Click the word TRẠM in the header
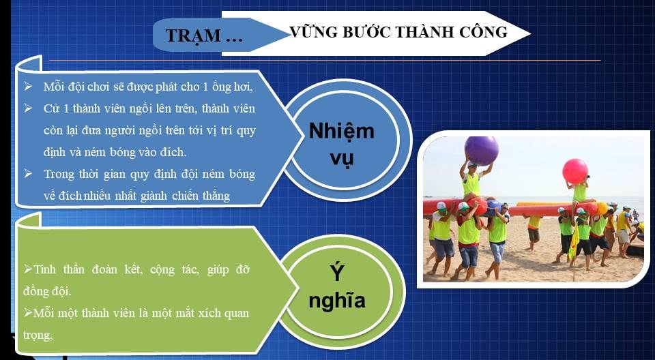point(193,36)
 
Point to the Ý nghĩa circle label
point(336,286)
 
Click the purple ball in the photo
point(481,151)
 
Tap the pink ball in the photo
point(575,171)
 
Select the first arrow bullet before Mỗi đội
point(28,87)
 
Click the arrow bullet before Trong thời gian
point(28,173)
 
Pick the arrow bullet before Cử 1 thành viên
point(28,108)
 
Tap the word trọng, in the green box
point(38,335)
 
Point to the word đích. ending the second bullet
point(173,152)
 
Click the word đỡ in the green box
point(242,269)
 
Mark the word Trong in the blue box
point(59,174)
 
